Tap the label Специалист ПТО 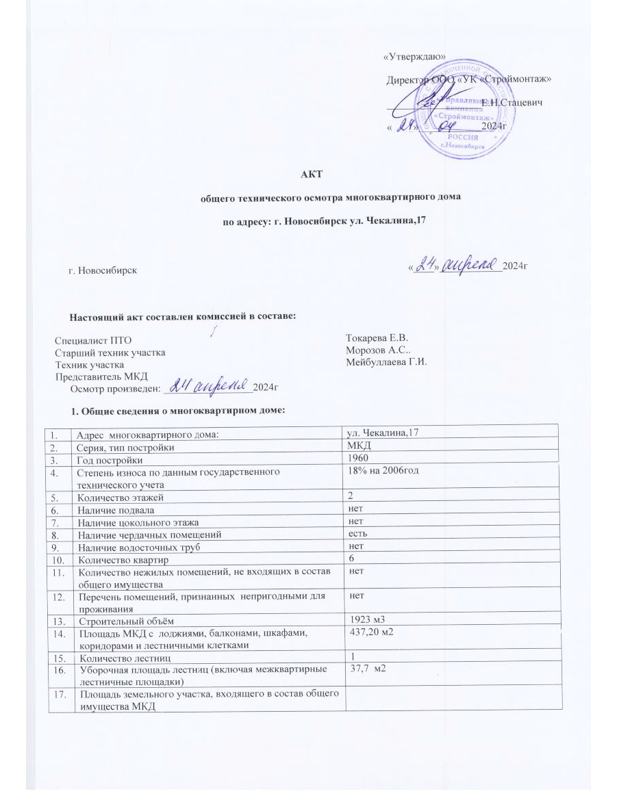click(x=92, y=340)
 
